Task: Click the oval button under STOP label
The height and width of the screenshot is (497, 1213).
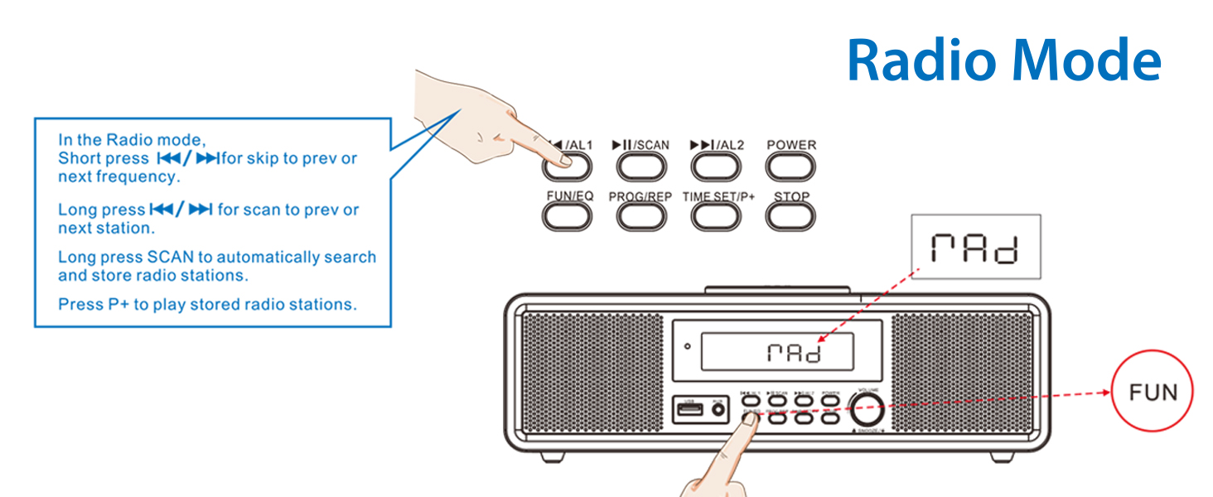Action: point(790,217)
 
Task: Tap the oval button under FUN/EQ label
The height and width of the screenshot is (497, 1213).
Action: point(567,217)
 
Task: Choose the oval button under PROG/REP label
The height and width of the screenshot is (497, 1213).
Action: point(641,217)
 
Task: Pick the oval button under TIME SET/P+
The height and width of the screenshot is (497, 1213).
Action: point(716,217)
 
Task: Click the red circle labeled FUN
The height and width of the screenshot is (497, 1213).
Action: point(1153,392)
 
